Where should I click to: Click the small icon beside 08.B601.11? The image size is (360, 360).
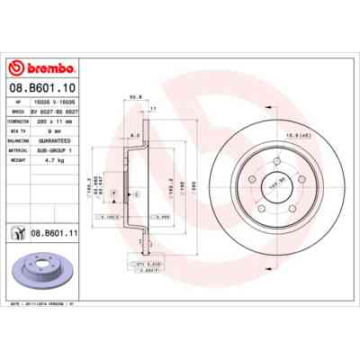(16, 233)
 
